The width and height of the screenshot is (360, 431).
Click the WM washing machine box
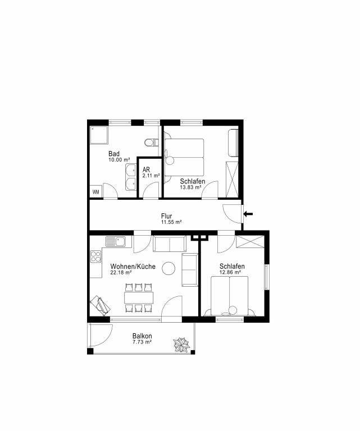(x=95, y=191)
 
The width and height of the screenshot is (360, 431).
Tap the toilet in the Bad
(x=152, y=143)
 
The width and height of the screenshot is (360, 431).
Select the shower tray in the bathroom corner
(x=99, y=135)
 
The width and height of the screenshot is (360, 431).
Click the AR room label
(x=147, y=169)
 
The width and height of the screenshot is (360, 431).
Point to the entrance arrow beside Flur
(x=248, y=214)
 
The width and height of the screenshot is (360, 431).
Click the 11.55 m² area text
(x=171, y=222)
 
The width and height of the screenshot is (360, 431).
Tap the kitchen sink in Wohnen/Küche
(x=116, y=242)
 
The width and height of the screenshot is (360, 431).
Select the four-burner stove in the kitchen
(x=95, y=256)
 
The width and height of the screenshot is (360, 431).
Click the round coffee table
(x=168, y=269)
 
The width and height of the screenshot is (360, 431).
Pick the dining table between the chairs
(x=139, y=297)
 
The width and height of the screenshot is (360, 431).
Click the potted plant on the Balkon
(x=181, y=345)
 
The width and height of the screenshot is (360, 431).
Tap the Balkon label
(x=142, y=336)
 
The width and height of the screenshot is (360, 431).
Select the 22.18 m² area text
(x=121, y=272)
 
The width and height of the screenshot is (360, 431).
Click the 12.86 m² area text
(x=230, y=272)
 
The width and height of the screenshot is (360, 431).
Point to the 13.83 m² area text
(x=190, y=187)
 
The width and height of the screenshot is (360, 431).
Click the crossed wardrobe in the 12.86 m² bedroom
(x=250, y=242)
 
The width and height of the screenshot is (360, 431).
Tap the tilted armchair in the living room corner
(x=101, y=306)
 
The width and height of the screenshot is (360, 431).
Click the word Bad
(x=114, y=154)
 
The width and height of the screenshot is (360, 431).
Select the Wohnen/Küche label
(x=133, y=267)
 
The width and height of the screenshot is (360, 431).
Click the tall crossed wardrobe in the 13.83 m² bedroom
(x=231, y=180)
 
